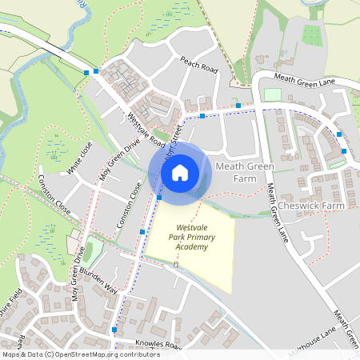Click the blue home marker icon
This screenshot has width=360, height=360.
(180, 171)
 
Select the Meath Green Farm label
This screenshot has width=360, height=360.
(245, 171)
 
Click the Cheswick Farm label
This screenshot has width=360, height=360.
(310, 206)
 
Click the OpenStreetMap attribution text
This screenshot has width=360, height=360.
(70, 354)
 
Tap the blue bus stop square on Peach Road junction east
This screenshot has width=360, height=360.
(238, 105)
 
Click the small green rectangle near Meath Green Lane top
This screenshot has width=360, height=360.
(273, 95)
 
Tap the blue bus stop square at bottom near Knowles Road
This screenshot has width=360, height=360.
(114, 330)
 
